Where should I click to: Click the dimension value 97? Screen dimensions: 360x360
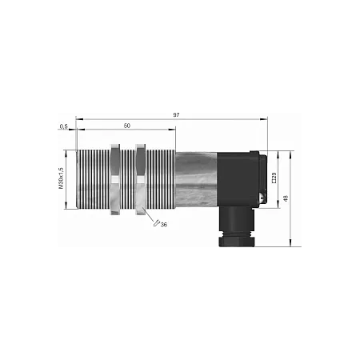[x=176, y=115]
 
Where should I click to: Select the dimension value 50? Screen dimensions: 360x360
[x=127, y=126]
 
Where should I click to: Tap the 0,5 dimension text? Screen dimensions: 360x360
[x=63, y=126]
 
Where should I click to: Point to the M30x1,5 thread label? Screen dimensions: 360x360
[x=61, y=178]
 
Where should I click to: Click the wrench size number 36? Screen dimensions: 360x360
[x=164, y=225]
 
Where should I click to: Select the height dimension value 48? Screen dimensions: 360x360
[x=286, y=198]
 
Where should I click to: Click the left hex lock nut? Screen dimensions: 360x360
[x=115, y=179]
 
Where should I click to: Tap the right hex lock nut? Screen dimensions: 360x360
[x=141, y=179]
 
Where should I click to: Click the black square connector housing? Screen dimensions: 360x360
[x=238, y=179]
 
